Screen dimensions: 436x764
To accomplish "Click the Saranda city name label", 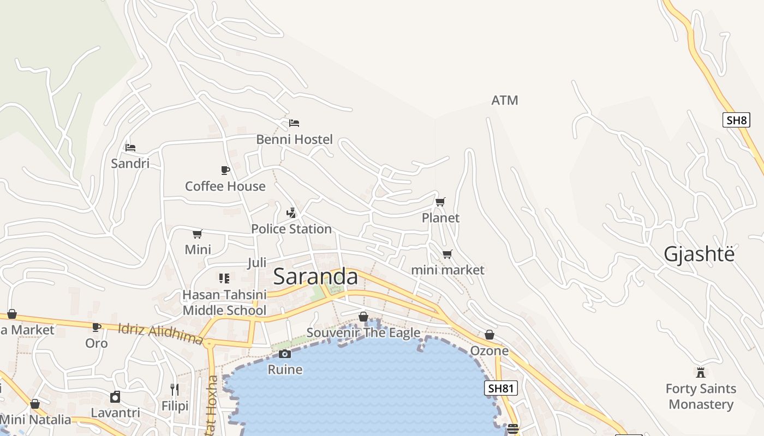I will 315,276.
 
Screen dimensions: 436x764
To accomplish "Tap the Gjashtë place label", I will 699,254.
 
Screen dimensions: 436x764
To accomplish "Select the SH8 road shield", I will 736,120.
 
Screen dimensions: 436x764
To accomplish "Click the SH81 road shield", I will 500,388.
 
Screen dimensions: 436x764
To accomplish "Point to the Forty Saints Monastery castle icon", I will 701,373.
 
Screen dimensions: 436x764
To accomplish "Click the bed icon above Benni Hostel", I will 294,123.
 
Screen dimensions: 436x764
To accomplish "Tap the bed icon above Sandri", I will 130,148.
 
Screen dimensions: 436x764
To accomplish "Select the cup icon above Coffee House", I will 225,171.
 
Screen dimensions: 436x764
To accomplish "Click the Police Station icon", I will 291,213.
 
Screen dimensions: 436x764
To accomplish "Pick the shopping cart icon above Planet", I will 440,202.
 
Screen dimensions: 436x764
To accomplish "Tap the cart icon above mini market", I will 447,255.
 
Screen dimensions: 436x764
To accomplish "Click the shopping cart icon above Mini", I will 198,234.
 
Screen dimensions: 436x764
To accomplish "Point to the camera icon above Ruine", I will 284,354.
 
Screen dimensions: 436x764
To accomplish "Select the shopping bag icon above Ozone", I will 490,335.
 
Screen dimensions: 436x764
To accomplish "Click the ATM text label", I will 505,100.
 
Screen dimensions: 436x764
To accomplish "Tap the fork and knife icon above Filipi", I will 175,389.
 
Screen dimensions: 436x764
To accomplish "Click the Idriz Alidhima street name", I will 160,333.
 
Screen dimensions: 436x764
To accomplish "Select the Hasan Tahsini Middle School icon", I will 224,278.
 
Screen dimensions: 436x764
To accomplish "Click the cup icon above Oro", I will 97,328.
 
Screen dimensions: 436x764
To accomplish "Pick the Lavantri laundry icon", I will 115,397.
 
